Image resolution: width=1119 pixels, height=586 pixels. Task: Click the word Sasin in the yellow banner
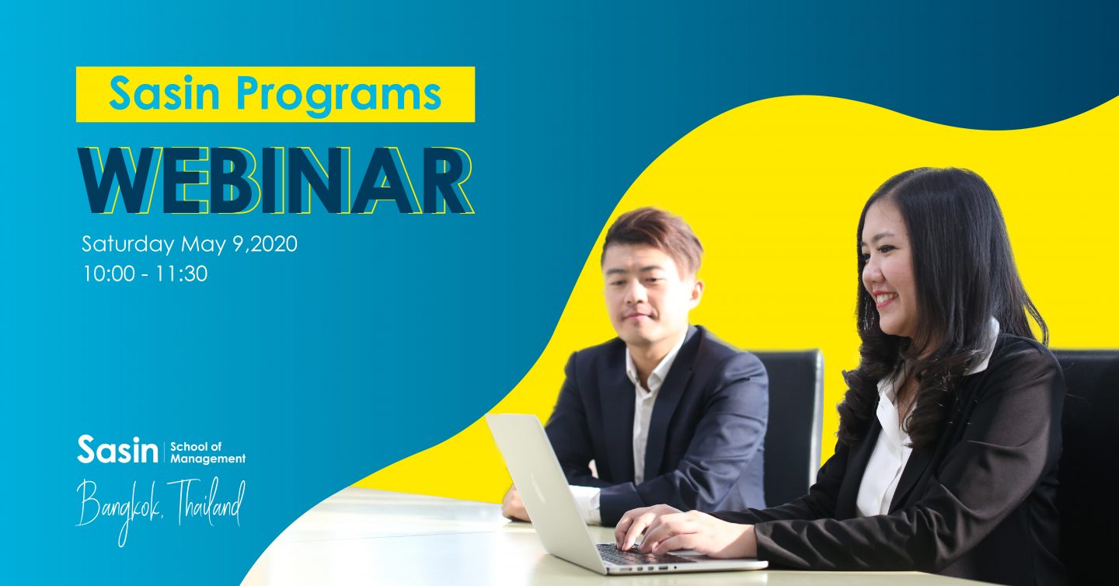[x=165, y=93]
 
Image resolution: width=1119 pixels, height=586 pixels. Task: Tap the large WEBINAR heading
[x=275, y=180]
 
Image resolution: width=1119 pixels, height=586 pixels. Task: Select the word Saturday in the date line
[x=128, y=244]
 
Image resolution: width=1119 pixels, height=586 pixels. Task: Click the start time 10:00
[x=109, y=274]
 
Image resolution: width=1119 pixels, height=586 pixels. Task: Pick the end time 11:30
[x=181, y=274]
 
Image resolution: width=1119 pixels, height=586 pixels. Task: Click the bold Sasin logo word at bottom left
[x=117, y=449]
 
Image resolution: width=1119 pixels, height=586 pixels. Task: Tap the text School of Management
[x=207, y=452]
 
